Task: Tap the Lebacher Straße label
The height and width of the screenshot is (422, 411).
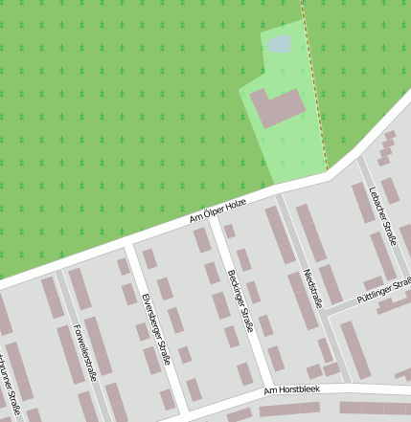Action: (382, 217)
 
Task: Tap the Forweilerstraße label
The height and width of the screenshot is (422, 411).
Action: (85, 352)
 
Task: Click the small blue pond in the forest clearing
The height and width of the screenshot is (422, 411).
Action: (279, 44)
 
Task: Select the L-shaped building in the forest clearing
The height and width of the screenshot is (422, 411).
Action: (277, 108)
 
